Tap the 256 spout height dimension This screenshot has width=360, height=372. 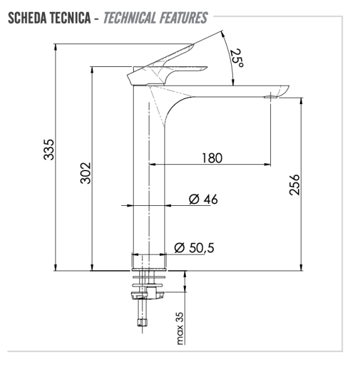coord(296,184)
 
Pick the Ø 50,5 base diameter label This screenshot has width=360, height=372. coord(194,248)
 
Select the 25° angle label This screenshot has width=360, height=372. coord(236,59)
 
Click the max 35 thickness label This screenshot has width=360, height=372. coord(180,328)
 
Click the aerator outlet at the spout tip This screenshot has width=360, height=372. coord(271,97)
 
